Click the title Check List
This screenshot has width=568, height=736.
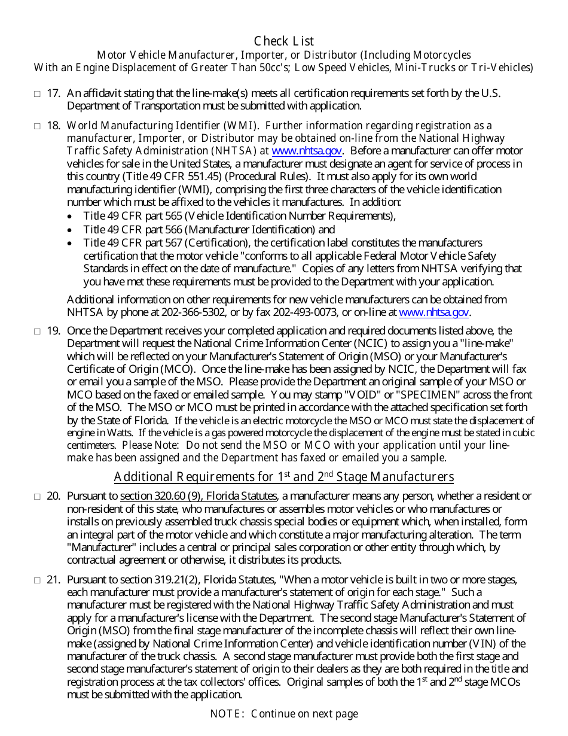(x=284, y=41)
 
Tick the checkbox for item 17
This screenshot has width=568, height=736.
(x=37, y=93)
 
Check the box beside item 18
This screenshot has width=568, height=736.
(x=37, y=126)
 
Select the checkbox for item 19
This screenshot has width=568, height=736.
(x=37, y=331)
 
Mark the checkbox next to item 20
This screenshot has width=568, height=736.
(x=37, y=496)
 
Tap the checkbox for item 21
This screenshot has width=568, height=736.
(x=37, y=580)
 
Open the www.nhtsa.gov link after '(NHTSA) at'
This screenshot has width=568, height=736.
(x=307, y=151)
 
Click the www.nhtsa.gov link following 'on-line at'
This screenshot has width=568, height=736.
(x=433, y=312)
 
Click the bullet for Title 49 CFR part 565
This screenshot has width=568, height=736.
(x=71, y=217)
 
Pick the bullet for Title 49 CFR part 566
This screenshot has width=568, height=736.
(x=71, y=230)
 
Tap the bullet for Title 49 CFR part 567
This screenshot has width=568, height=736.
(x=71, y=243)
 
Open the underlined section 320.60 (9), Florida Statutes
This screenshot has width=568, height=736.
(x=199, y=496)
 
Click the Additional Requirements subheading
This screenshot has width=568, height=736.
(x=284, y=477)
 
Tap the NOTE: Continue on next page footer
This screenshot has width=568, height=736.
(x=284, y=713)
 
